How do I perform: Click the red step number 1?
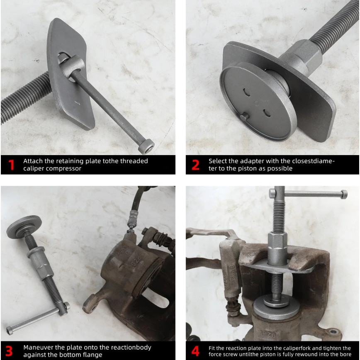[11, 165]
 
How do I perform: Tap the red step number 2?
[196, 165]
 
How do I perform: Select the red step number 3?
[9, 351]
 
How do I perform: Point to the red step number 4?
[195, 351]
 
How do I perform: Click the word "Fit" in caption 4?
[212, 348]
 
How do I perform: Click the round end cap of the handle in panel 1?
[146, 146]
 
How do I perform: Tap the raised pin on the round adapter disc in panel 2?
[244, 117]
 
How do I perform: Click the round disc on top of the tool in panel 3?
[24, 226]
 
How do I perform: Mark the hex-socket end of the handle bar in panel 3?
[10, 331]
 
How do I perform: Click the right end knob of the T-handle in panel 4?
[344, 194]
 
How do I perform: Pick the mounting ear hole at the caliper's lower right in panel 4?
[333, 332]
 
